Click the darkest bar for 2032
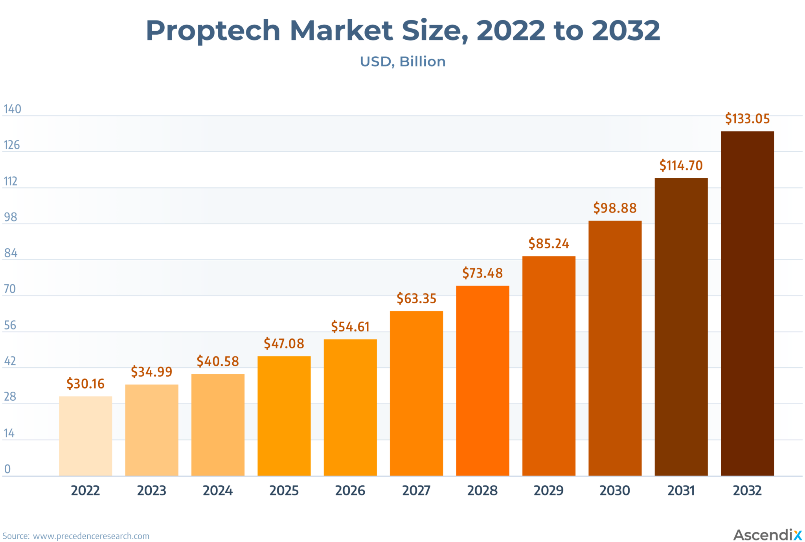click(747, 303)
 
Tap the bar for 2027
click(416, 394)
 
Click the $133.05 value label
click(747, 118)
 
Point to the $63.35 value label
click(416, 298)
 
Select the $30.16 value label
click(85, 383)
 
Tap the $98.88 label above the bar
click(615, 208)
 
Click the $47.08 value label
click(284, 344)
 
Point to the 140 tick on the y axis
click(12, 109)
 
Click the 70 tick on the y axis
click(10, 289)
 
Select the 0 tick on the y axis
click(7, 469)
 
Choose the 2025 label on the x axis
click(284, 490)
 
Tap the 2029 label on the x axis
click(548, 490)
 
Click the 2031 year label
click(681, 490)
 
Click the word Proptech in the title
click(213, 31)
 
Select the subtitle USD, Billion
click(402, 62)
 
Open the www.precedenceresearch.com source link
click(91, 536)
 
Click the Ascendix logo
click(767, 535)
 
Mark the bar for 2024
click(218, 425)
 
